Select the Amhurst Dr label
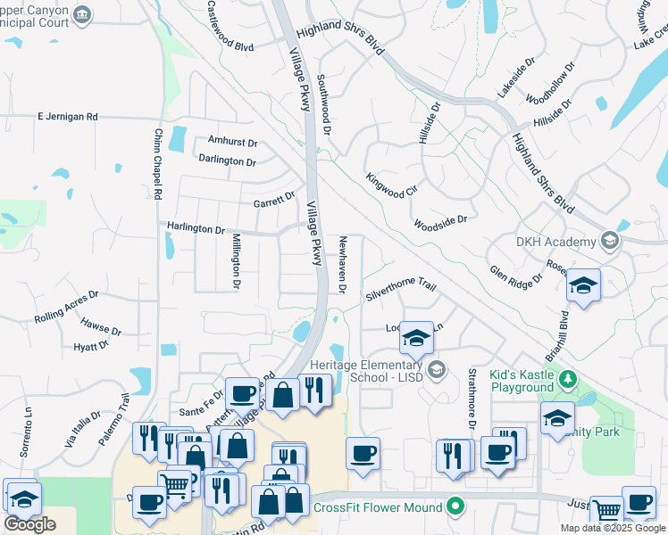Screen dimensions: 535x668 click(x=232, y=142)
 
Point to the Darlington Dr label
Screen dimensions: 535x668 click(x=227, y=161)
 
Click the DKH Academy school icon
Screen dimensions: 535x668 click(x=610, y=242)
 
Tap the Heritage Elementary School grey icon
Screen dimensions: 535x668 click(x=437, y=370)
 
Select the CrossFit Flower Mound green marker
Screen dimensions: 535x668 click(x=456, y=507)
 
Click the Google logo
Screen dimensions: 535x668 click(x=29, y=524)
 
